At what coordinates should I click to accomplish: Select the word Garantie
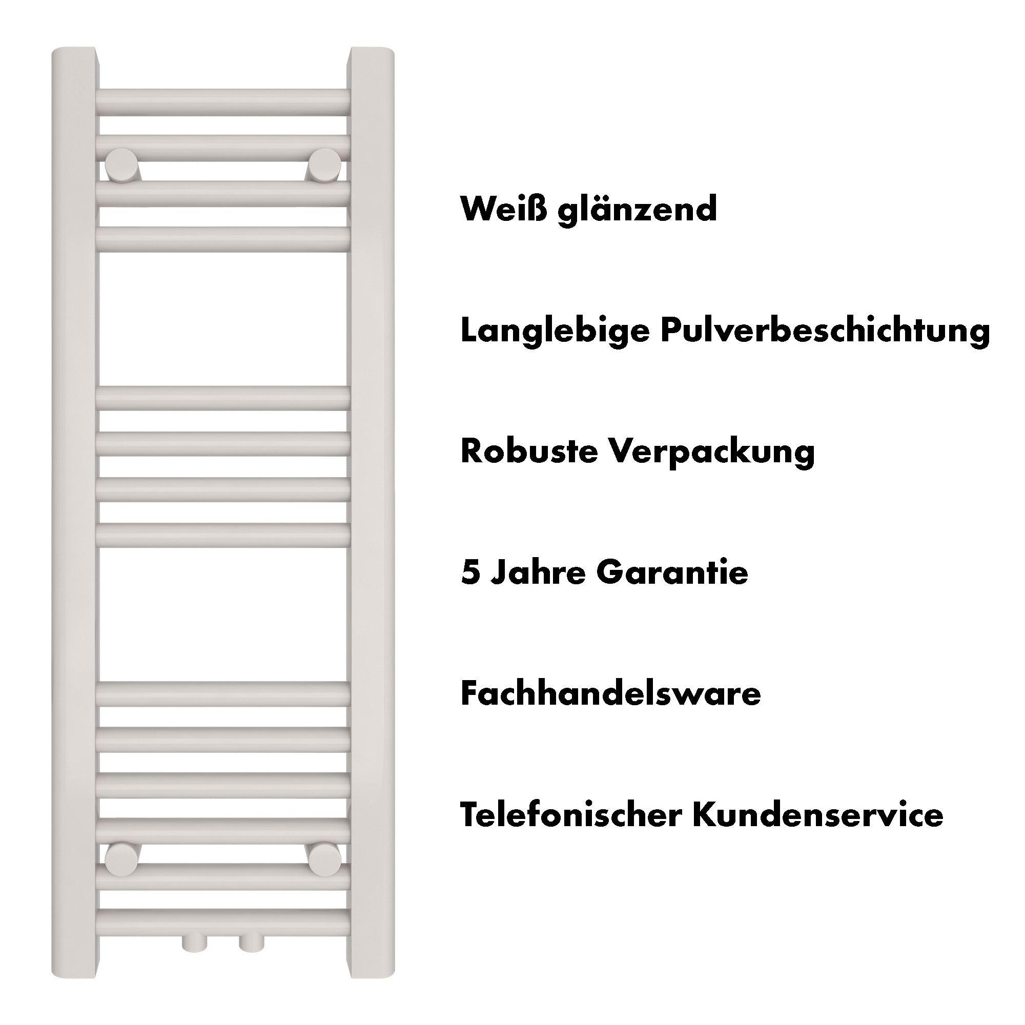672,572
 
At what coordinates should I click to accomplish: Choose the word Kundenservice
818,814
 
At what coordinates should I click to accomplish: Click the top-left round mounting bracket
121,162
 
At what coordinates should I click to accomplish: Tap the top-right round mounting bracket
325,162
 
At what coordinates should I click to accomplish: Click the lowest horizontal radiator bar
223,922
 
